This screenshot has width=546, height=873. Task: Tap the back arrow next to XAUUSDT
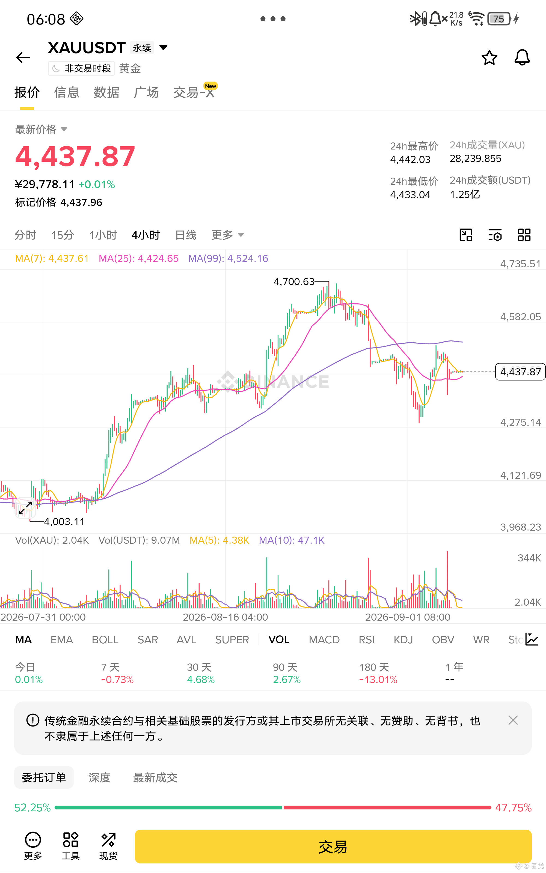(x=23, y=57)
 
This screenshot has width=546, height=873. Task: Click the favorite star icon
(x=489, y=57)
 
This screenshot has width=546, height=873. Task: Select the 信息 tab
(x=66, y=92)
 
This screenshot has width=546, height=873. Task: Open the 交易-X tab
(x=194, y=92)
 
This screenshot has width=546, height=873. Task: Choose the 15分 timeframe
(x=63, y=235)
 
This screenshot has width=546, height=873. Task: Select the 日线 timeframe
(x=186, y=235)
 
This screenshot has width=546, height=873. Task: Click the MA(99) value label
(x=228, y=258)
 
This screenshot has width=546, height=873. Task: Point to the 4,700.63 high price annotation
(x=294, y=281)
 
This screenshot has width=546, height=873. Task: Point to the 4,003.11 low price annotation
(x=64, y=522)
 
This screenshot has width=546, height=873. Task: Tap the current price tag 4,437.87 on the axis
(x=520, y=372)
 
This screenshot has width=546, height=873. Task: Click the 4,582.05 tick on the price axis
(x=520, y=317)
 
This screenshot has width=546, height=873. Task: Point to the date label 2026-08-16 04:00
(x=225, y=617)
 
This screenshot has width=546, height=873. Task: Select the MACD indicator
(x=324, y=639)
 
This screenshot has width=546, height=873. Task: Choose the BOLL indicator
(x=105, y=639)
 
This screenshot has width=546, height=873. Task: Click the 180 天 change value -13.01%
(x=378, y=680)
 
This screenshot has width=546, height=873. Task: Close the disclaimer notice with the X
(x=513, y=720)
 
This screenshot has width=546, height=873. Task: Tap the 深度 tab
(x=99, y=778)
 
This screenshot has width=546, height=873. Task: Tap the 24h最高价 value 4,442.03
(x=410, y=159)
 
